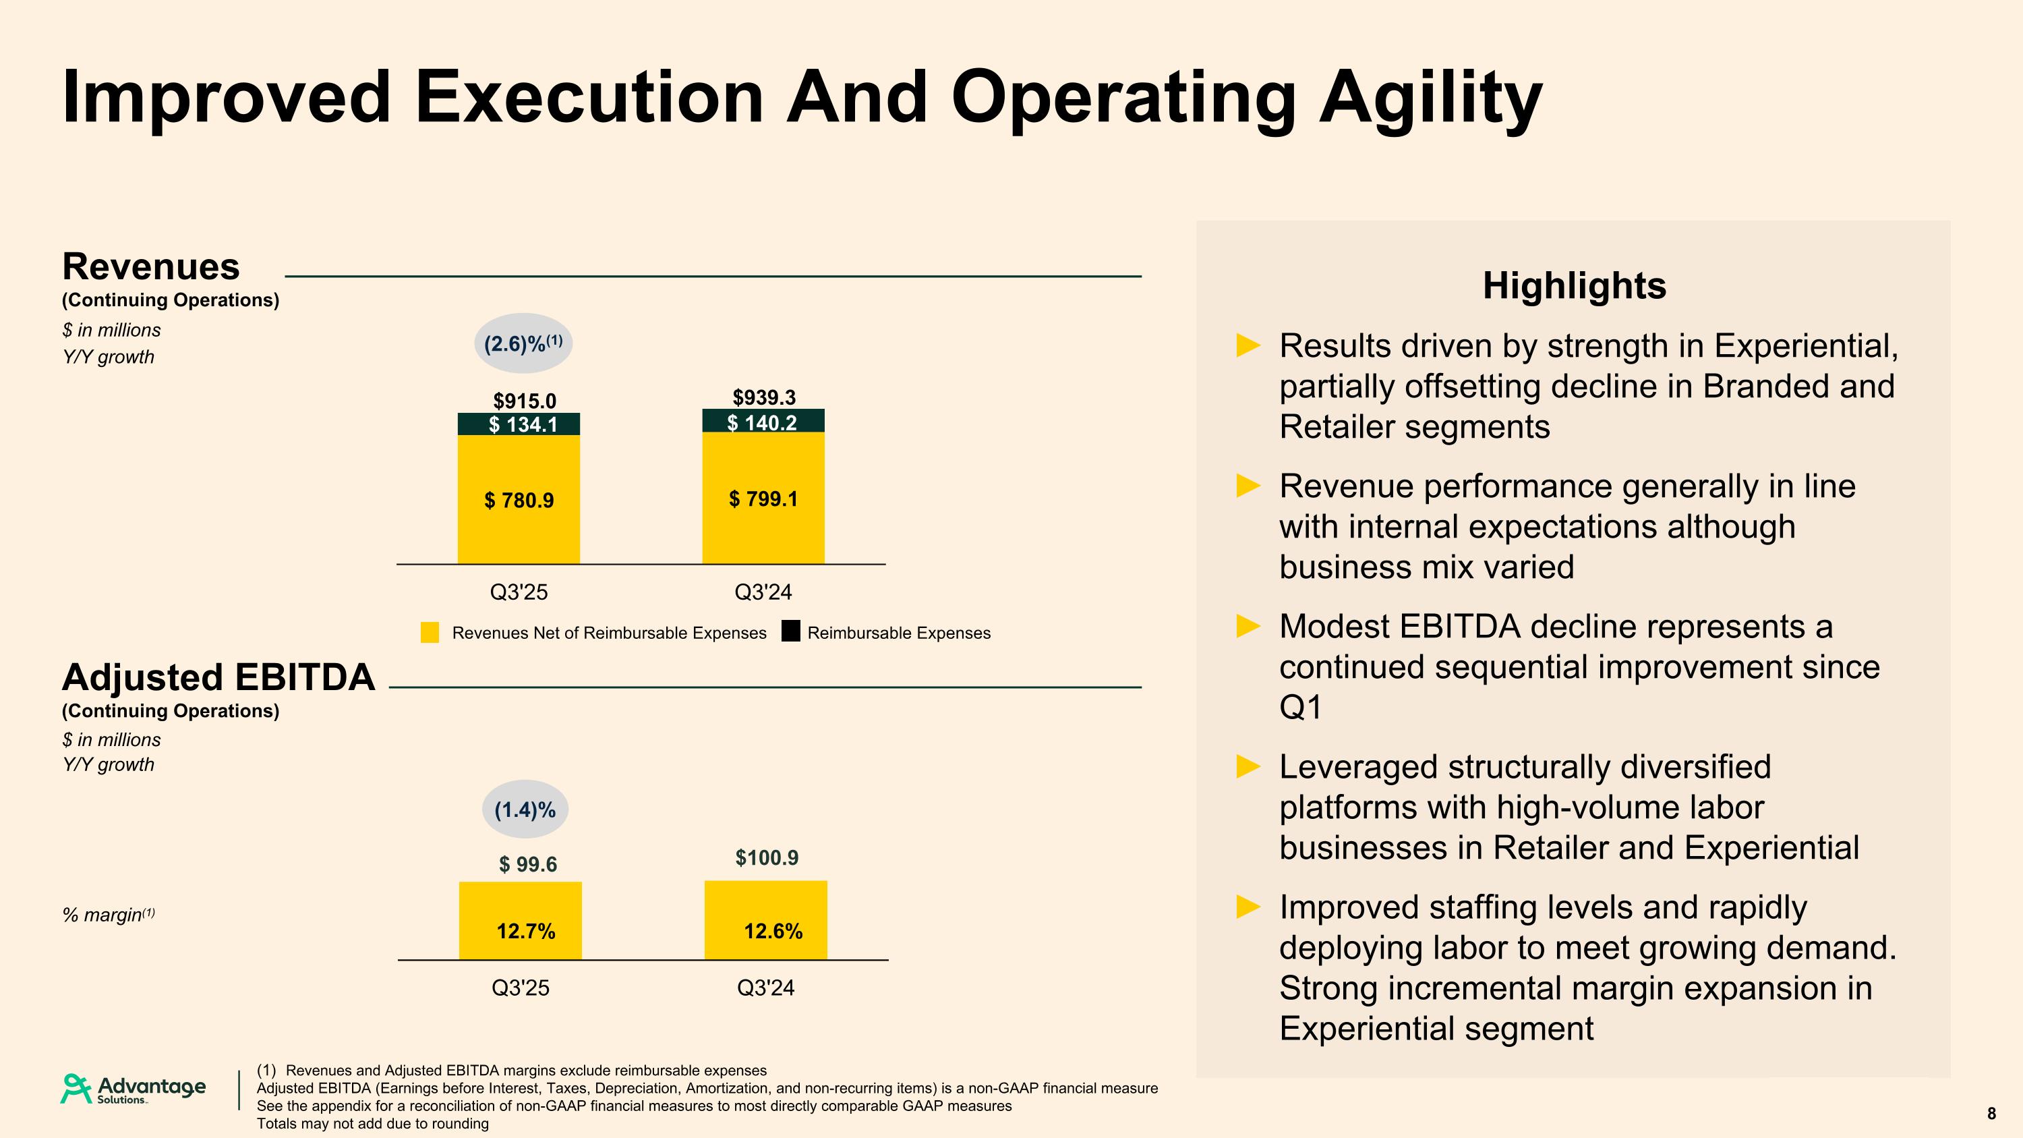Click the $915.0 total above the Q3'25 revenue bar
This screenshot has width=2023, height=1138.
pos(524,401)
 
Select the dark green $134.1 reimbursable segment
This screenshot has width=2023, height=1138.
pos(519,424)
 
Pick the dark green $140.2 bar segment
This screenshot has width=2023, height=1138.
pos(763,422)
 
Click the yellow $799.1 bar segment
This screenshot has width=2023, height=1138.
pos(763,498)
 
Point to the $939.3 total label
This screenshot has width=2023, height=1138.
pos(763,397)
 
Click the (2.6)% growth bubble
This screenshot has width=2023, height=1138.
pos(523,343)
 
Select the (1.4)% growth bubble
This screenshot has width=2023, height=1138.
pos(525,809)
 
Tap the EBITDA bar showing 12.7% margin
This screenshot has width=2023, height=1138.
pos(521,921)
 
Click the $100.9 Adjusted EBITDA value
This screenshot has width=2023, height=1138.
pos(767,857)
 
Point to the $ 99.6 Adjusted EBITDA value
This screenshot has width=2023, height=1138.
pos(528,865)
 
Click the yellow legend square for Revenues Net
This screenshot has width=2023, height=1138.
pos(430,633)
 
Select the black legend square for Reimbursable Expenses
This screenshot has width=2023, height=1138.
pos(791,631)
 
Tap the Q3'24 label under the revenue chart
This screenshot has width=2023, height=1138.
pos(763,592)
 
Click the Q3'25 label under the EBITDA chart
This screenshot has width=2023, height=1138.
pos(520,988)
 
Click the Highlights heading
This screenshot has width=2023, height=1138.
pos(1574,286)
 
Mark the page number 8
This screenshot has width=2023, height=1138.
pos(1991,1114)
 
